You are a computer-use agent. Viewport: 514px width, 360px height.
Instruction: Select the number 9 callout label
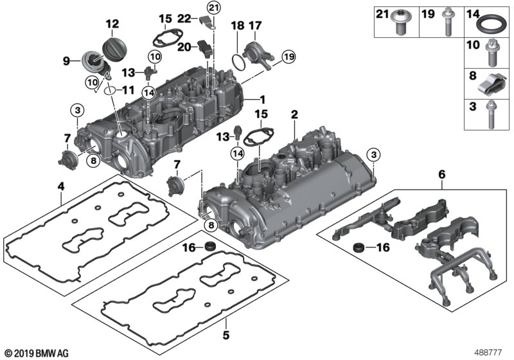coord(66,62)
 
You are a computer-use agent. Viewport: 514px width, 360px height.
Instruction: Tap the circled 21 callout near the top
coord(213,8)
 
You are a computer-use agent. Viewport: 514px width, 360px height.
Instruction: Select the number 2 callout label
coord(294,114)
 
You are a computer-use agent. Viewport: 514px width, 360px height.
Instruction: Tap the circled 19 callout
coord(287,57)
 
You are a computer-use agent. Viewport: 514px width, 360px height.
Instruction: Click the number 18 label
coord(238,26)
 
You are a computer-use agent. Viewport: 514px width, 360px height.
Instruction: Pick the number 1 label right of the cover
coord(261,100)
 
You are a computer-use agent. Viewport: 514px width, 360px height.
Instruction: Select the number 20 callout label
coord(184,46)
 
